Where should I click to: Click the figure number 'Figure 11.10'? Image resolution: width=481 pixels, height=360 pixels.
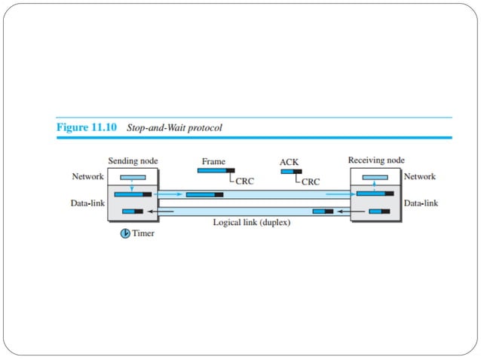(x=87, y=128)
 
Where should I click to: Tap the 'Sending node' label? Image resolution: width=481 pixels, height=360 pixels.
(x=133, y=161)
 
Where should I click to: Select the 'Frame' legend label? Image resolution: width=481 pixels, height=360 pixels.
(x=213, y=161)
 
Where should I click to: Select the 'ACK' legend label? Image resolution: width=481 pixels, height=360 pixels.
(x=290, y=162)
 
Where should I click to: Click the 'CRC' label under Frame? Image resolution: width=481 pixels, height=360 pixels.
(x=245, y=182)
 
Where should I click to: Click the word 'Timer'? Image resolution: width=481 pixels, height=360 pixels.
(x=143, y=233)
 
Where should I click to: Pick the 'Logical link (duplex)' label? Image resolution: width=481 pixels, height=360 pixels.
(x=252, y=223)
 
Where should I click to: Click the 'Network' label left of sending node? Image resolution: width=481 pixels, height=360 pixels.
(x=87, y=176)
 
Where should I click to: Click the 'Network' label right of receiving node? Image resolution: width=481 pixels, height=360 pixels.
(x=421, y=176)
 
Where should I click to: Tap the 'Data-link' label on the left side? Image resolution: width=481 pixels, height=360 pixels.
(x=87, y=203)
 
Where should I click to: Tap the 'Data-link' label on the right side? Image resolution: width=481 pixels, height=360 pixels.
(x=421, y=203)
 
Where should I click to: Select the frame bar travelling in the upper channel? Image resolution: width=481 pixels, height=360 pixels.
(x=204, y=194)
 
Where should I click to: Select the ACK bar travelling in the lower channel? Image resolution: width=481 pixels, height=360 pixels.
(x=323, y=212)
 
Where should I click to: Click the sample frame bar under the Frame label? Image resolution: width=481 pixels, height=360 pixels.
(x=216, y=171)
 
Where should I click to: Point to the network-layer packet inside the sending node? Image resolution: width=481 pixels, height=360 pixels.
(x=133, y=178)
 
